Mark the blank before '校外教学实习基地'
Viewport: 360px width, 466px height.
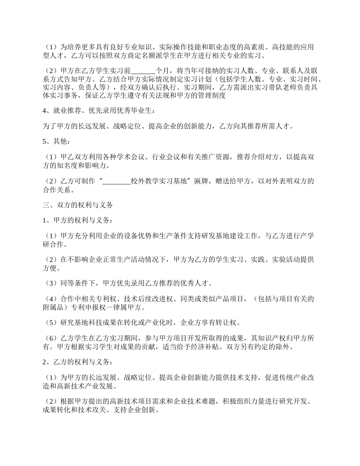tap(117, 181)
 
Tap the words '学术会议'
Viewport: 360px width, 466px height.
tap(129, 157)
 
